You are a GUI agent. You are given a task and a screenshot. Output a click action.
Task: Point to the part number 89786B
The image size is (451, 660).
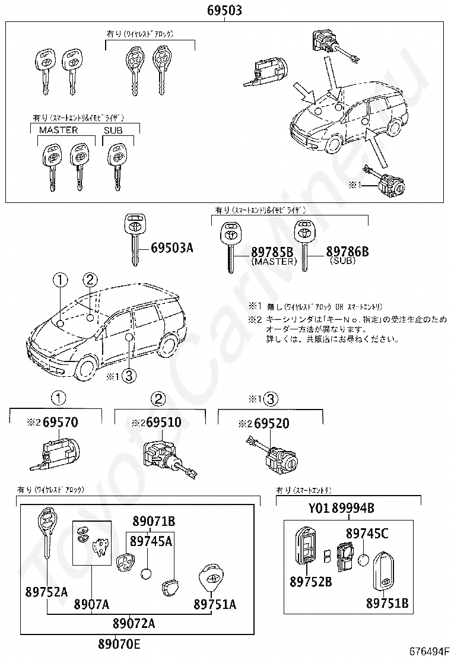click(x=347, y=252)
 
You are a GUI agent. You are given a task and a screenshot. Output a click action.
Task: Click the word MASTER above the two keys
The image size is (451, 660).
click(x=58, y=130)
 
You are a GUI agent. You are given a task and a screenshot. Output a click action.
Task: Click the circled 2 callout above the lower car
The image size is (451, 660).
click(x=90, y=280)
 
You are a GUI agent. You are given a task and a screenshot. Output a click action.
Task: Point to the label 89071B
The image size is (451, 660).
click(x=153, y=522)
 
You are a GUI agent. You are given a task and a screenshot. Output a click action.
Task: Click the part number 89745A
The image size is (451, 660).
click(x=151, y=541)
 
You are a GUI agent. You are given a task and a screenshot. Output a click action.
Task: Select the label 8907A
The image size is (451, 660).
click(x=91, y=604)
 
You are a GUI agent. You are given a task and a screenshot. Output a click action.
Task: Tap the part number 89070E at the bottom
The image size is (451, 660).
click(x=120, y=644)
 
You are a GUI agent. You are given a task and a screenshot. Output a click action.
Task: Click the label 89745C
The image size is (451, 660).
click(x=367, y=533)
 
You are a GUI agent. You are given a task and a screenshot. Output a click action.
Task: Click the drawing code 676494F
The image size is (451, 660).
click(x=428, y=651)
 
